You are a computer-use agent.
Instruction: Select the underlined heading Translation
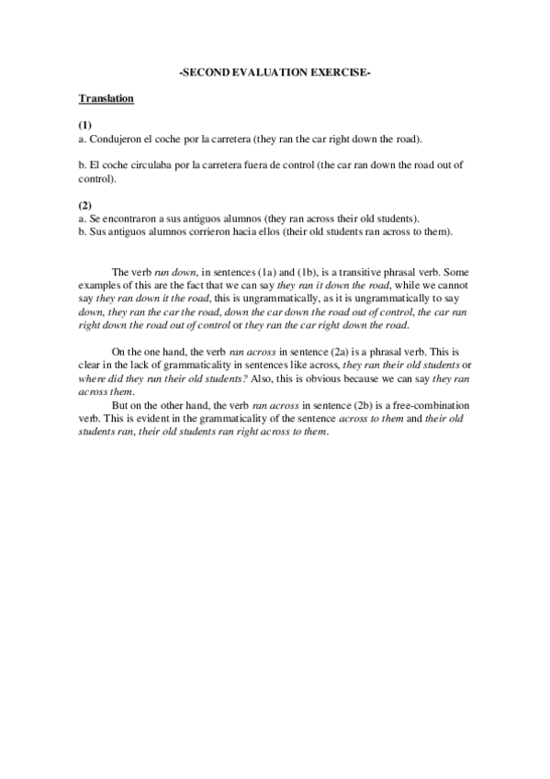pyautogui.click(x=107, y=97)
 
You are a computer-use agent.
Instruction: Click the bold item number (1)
pyautogui.click(x=85, y=124)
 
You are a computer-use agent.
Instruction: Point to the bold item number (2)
pyautogui.click(x=85, y=206)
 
